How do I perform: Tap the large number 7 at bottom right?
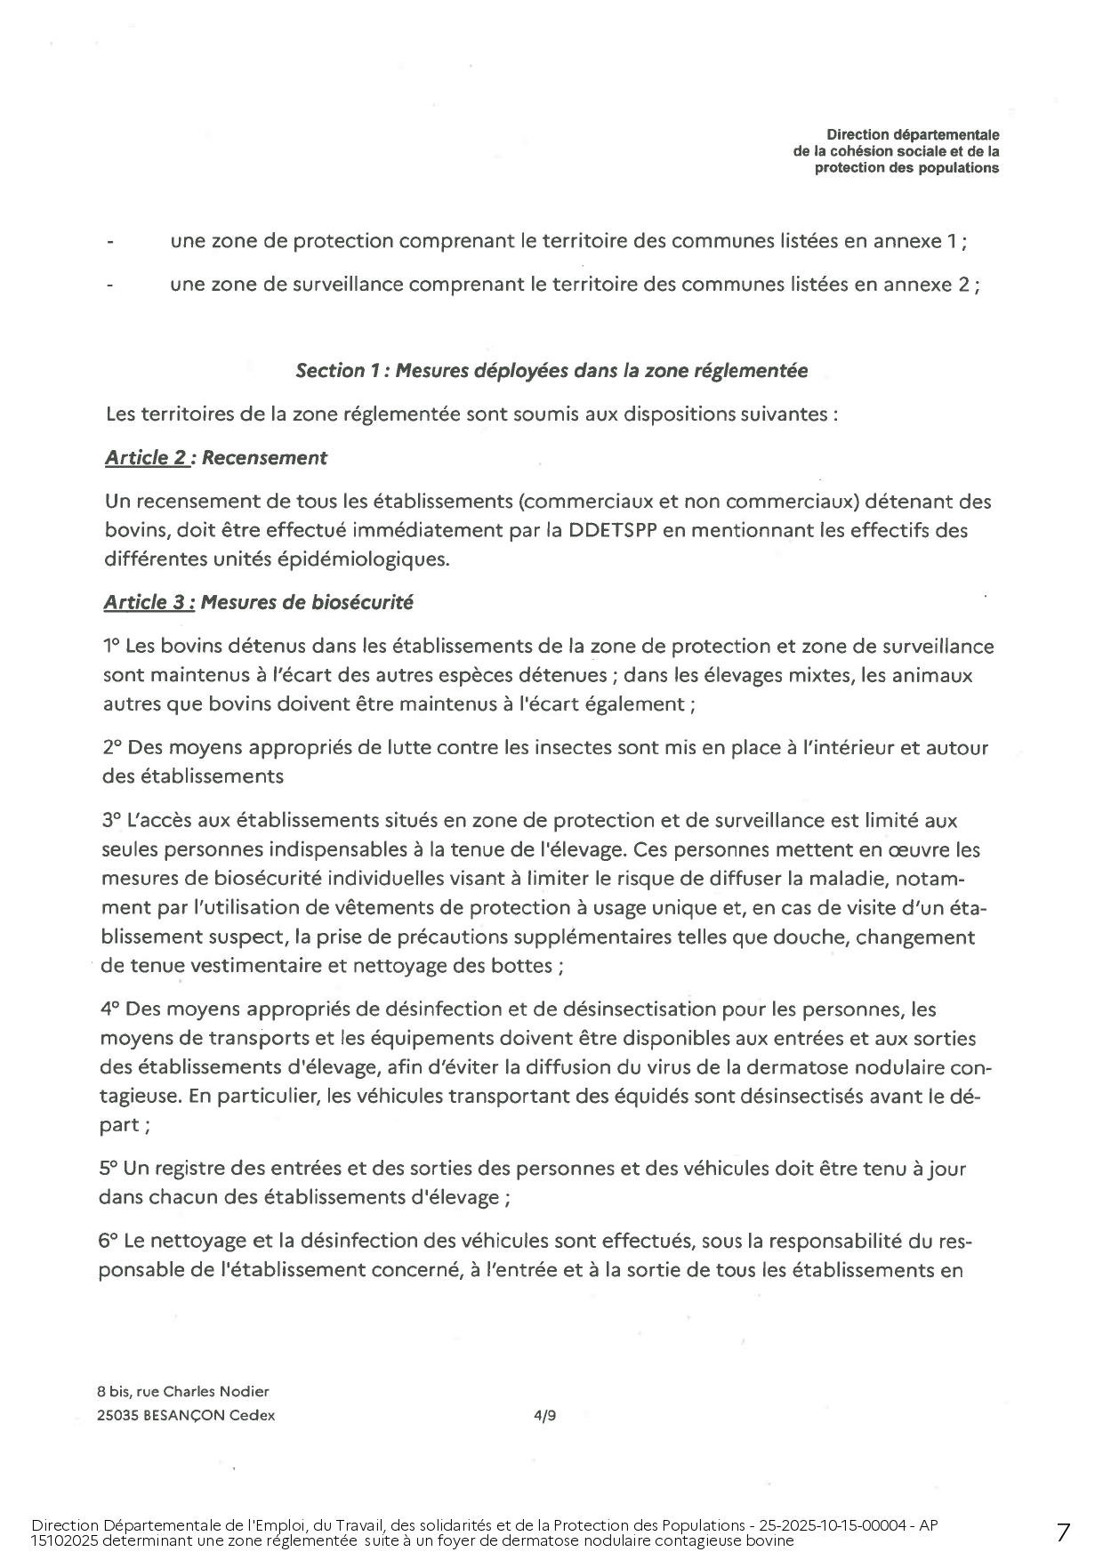click(1063, 1532)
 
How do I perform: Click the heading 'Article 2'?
click(146, 458)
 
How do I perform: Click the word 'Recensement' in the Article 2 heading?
click(264, 458)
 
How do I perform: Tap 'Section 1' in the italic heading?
click(330, 371)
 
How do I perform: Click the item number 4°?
click(110, 1009)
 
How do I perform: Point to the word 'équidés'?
click(651, 1096)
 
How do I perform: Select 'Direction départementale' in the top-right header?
click(913, 135)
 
